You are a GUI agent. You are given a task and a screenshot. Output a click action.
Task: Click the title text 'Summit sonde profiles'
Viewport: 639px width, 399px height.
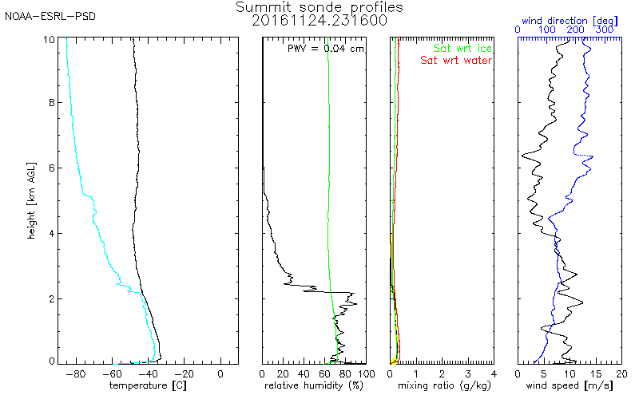click(319, 7)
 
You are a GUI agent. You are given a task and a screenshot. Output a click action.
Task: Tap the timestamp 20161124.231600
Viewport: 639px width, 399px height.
click(319, 21)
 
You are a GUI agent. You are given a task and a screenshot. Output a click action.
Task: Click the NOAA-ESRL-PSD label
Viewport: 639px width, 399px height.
click(50, 16)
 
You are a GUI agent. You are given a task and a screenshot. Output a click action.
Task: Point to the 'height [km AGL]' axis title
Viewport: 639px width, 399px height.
click(30, 199)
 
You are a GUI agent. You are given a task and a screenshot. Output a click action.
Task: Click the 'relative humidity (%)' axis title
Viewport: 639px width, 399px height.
click(314, 386)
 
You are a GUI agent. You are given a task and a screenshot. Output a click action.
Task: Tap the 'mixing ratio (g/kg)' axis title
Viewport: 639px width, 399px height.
click(441, 386)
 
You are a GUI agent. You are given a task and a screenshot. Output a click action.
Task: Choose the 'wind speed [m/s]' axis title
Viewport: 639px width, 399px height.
click(570, 386)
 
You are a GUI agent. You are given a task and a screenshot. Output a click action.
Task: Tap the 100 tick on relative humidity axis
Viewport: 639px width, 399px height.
click(365, 373)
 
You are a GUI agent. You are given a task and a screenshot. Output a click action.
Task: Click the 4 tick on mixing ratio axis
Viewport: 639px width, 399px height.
click(494, 373)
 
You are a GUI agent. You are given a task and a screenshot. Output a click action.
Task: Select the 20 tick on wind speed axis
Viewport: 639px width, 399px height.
click(621, 373)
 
